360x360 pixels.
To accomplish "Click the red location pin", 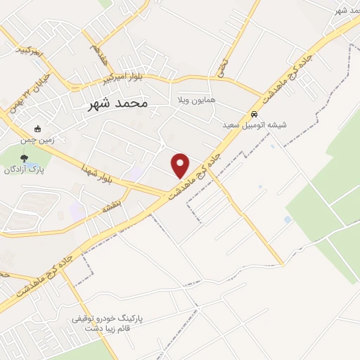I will pos(181,165).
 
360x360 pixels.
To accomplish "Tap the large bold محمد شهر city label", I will pos(117,103).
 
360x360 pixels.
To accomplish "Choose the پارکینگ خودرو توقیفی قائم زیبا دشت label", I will pos(106,323).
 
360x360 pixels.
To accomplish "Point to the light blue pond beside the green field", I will pos(288,220).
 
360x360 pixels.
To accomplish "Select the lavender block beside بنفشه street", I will pos(76,210).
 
